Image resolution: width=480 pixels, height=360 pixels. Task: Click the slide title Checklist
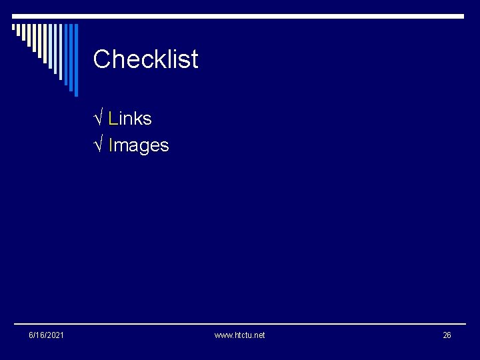click(145, 59)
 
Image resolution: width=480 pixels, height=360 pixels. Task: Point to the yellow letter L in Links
click(113, 119)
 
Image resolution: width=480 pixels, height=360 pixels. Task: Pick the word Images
click(139, 145)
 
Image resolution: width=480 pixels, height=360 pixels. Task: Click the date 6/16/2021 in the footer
click(47, 335)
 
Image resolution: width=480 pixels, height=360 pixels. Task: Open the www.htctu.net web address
click(239, 335)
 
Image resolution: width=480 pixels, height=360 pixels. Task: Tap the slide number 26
click(447, 335)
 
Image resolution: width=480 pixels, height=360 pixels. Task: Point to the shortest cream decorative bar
click(13, 27)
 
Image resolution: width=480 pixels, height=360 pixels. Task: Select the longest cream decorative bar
click(45, 44)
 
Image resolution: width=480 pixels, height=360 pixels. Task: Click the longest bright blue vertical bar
click(77, 60)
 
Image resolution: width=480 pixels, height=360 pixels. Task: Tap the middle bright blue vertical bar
click(71, 57)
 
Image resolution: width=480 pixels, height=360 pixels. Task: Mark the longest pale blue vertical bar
click(61, 52)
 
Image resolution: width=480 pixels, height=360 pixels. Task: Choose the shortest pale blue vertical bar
click(50, 46)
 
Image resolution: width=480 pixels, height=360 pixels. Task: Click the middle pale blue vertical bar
click(55, 49)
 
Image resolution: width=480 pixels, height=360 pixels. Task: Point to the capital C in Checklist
click(101, 59)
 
